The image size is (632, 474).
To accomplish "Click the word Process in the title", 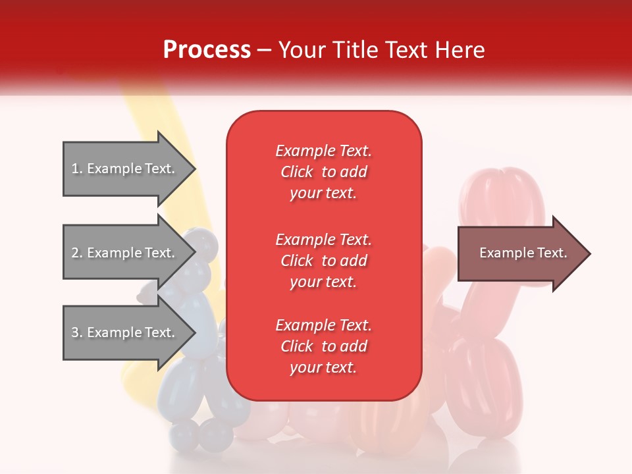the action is point(207,50).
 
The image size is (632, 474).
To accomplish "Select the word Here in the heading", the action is point(460,50).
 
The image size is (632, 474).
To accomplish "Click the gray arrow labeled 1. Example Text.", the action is point(129,169).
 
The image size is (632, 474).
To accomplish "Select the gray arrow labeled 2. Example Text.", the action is point(129,252).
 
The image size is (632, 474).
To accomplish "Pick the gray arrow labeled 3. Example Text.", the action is point(129,332).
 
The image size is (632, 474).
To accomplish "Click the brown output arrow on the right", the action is point(524,253).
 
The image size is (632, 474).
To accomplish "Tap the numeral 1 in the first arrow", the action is point(74,169).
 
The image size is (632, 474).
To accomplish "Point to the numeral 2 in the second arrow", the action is point(75,253).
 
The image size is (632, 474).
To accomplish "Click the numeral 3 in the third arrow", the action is point(75,332).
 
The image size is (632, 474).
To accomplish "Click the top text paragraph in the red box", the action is point(324,172).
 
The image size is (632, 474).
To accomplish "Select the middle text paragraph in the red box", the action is point(324,261).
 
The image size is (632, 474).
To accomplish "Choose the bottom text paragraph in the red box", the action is point(324,346).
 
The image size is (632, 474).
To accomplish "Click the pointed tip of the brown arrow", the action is point(591,253).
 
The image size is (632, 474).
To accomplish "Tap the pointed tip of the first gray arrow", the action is point(196,169).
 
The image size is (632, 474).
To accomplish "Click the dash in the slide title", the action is point(264,51).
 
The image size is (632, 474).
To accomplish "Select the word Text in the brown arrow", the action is point(552,253).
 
